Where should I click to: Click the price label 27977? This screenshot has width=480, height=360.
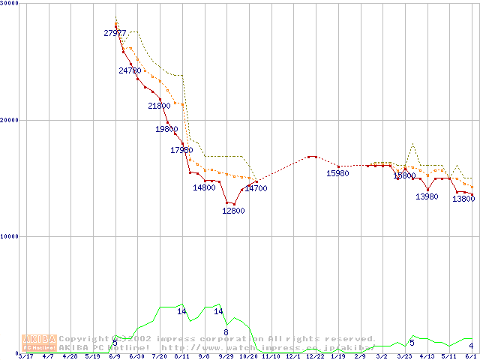click(x=115, y=33)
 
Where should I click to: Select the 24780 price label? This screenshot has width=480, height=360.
click(x=130, y=70)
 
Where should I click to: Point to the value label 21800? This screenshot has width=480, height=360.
click(x=159, y=106)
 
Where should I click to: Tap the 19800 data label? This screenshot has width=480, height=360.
click(x=166, y=129)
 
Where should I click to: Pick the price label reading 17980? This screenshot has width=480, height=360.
click(x=181, y=150)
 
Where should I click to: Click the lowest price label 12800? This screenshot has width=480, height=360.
click(x=233, y=211)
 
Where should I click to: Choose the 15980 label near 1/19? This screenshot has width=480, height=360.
click(x=337, y=173)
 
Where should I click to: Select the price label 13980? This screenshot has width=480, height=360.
click(x=427, y=196)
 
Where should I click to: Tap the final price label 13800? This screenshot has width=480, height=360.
click(x=463, y=199)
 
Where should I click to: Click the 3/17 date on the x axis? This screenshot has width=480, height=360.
click(x=25, y=356)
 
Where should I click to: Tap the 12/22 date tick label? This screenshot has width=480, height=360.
click(x=315, y=356)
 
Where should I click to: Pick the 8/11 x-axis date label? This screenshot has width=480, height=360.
click(x=181, y=356)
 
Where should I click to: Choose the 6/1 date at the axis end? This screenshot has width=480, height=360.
click(x=471, y=356)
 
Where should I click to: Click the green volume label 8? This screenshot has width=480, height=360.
click(x=226, y=331)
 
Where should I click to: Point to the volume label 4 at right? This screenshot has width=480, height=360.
click(x=471, y=345)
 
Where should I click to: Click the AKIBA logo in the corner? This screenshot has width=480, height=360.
click(x=40, y=343)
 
